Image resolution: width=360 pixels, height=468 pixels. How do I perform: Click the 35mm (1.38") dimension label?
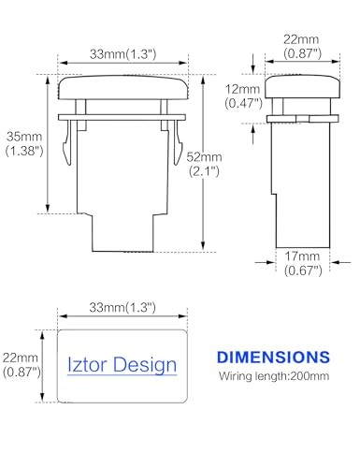coord(24,144)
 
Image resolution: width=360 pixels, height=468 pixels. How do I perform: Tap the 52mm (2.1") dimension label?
coord(204,164)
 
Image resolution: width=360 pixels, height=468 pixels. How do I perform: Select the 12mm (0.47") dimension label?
coord(243,96)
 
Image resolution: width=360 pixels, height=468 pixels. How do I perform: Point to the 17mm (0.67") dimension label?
coord(303,263)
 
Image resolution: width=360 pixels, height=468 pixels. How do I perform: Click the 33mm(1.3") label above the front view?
coord(122,54)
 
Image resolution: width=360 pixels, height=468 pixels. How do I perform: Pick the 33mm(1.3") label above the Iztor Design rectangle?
coord(122,307)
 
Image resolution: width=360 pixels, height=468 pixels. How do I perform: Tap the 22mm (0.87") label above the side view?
coord(302,46)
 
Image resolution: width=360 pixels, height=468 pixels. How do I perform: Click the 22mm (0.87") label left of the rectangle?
coord(22,365)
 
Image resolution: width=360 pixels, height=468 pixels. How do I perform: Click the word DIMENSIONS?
coord(273,358)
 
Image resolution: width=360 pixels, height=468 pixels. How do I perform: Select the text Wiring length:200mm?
coord(274,376)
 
